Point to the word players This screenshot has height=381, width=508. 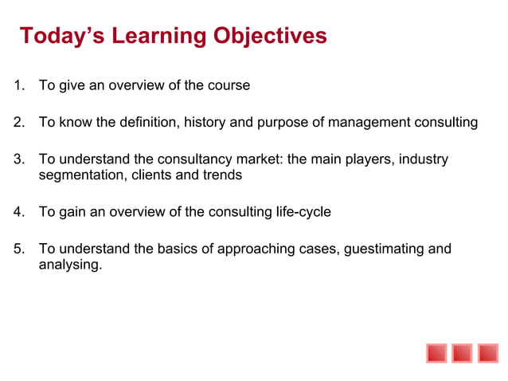[369, 159]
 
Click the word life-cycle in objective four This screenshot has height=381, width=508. [302, 212]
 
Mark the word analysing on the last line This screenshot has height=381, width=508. [70, 264]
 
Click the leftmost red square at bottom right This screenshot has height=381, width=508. [436, 352]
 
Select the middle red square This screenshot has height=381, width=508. [462, 352]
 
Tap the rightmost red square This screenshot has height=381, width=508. [487, 352]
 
